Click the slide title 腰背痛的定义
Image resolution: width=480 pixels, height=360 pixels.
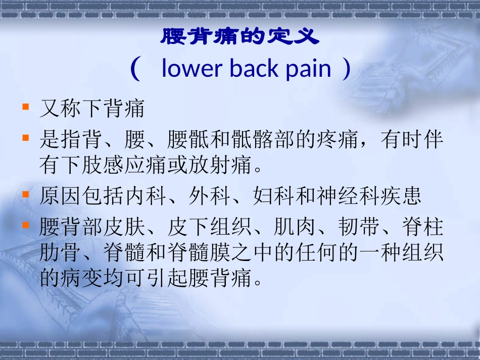(240, 36)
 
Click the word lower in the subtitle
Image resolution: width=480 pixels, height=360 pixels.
(193, 69)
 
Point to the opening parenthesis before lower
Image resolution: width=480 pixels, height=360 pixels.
(134, 69)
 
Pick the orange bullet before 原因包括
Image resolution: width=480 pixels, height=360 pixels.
(25, 195)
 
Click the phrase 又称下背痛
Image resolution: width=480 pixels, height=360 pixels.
(92, 109)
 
